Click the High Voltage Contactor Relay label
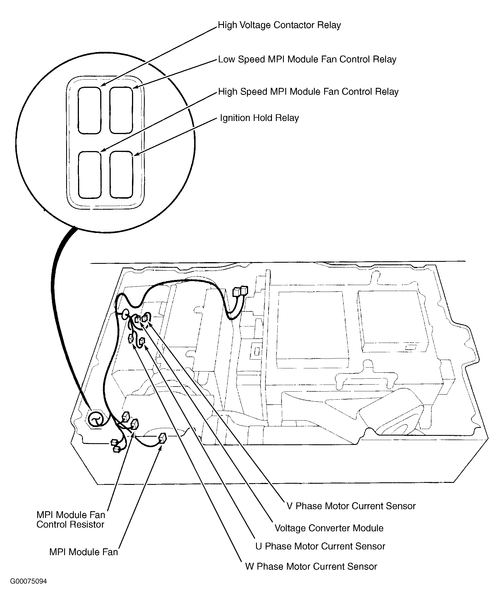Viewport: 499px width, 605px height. click(x=279, y=25)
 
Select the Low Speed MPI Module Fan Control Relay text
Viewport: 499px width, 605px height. click(x=307, y=60)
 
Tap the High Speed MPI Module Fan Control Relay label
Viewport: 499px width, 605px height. click(x=308, y=92)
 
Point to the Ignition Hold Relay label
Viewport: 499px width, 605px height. click(x=259, y=118)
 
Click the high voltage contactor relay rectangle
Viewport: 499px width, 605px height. click(x=89, y=111)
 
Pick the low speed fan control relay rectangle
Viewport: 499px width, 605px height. click(x=121, y=111)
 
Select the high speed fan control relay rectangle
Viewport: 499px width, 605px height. click(x=89, y=175)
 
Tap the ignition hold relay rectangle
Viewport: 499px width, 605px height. click(x=121, y=175)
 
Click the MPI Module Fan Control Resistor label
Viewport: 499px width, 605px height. click(x=70, y=519)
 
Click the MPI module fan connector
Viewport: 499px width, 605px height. click(x=162, y=438)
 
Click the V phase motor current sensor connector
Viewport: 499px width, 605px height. click(x=145, y=318)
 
